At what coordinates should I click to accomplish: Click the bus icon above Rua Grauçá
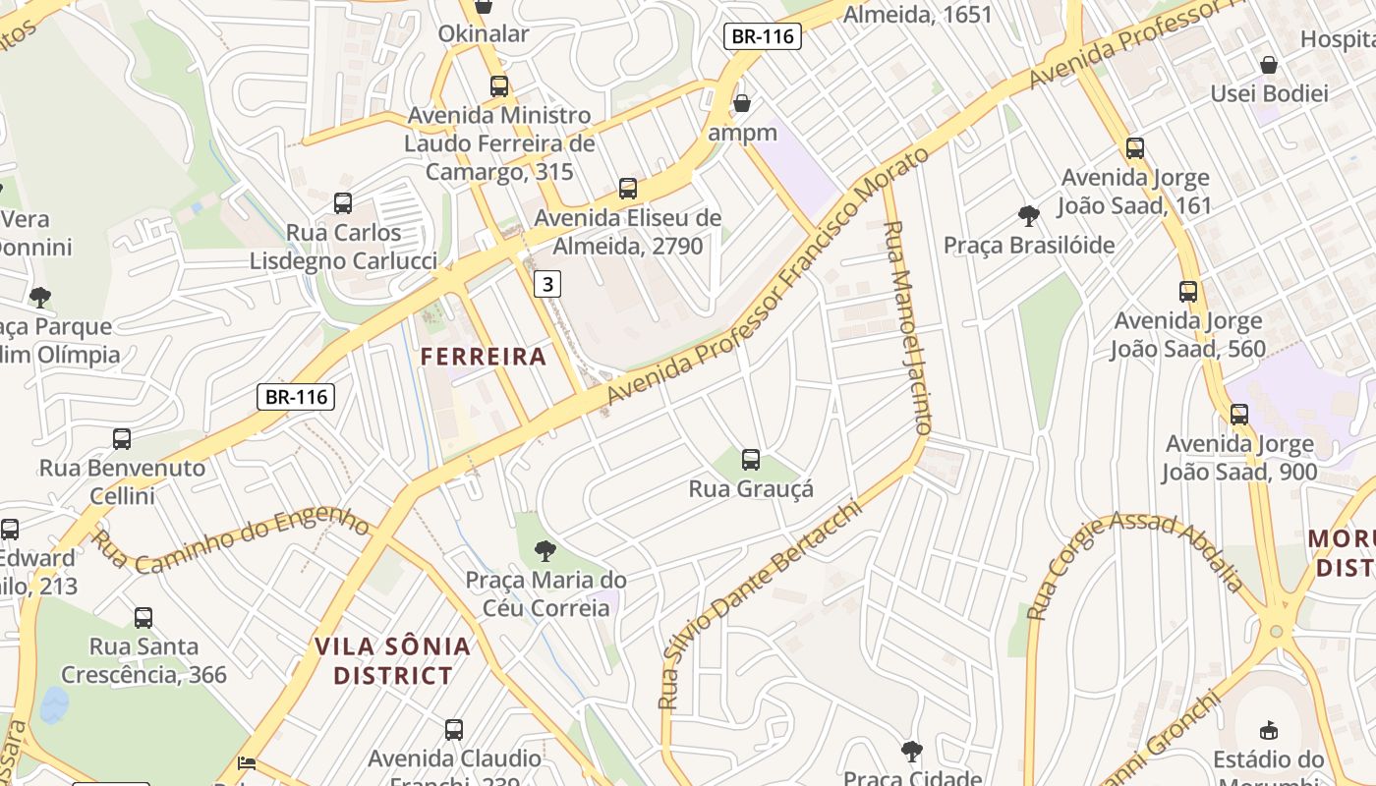[751, 459]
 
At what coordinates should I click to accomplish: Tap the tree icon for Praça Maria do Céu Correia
[545, 550]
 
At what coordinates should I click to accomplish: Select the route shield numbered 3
[547, 285]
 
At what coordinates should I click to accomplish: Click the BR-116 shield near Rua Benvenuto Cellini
[296, 397]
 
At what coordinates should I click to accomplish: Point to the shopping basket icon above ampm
[742, 103]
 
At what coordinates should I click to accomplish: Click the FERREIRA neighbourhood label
[483, 357]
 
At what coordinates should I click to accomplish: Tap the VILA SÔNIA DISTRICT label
[393, 661]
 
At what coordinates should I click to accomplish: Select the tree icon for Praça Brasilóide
[1029, 215]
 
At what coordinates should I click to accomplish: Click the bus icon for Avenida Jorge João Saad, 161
[1135, 148]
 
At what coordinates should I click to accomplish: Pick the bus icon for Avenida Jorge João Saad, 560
[1188, 292]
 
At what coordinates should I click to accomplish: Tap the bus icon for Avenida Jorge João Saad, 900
[1239, 415]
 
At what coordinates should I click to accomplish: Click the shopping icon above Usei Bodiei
[1269, 65]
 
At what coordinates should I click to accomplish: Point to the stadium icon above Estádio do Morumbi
[1269, 730]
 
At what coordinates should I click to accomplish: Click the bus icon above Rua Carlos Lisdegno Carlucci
[343, 203]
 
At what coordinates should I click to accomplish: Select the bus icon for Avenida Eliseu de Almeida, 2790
[628, 189]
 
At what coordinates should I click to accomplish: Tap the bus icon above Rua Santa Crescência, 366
[143, 618]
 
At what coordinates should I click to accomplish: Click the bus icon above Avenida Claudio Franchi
[453, 730]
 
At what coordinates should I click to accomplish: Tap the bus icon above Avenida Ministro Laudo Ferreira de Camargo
[499, 86]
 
